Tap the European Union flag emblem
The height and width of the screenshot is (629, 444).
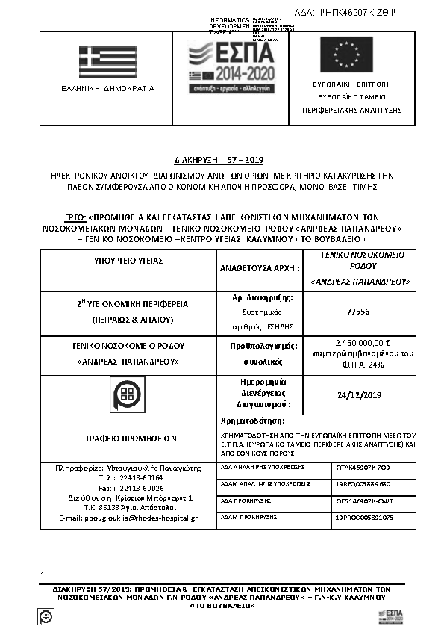click(345, 54)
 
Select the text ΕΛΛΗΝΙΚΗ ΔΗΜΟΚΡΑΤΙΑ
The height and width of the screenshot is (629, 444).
click(107, 88)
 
